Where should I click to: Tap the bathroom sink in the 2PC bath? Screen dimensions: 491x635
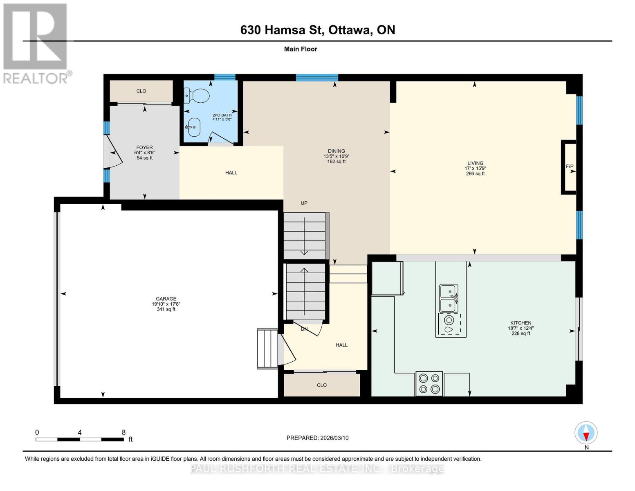coord(193,127)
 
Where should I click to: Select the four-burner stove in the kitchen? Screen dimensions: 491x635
coord(429,383)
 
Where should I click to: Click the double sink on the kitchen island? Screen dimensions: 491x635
coord(448,298)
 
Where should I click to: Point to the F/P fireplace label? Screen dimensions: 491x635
coord(569,167)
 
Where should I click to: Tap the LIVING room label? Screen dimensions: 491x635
coord(475,163)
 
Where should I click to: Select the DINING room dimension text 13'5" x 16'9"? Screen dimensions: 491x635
coord(336,156)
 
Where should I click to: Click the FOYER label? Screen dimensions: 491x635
coord(144,147)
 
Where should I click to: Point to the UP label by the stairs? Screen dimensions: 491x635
coord(304,203)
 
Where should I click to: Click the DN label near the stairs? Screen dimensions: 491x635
coord(304,329)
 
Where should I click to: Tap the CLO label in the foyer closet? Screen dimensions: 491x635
coord(141,91)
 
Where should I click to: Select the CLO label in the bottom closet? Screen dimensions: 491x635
coord(322,385)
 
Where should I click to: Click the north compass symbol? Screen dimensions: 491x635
coord(586,433)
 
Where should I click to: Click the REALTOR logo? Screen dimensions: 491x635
coord(36,43)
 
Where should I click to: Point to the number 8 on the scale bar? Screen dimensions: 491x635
coord(123,432)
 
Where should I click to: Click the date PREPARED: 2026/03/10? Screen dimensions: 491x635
coord(317,438)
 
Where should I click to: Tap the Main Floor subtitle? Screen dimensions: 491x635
coord(301,49)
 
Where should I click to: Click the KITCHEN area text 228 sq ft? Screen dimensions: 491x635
coord(521,333)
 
